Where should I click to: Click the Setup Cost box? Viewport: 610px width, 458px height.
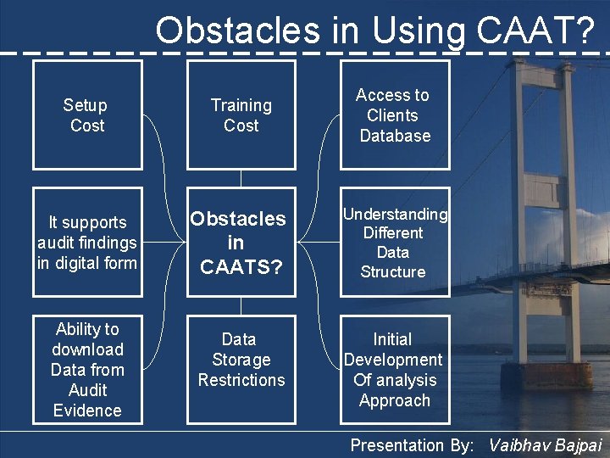pyautogui.click(x=86, y=115)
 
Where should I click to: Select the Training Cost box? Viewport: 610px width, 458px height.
pyautogui.click(x=241, y=115)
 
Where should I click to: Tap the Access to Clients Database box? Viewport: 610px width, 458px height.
pyautogui.click(x=394, y=115)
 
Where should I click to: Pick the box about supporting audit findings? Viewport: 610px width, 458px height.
pyautogui.click(x=86, y=243)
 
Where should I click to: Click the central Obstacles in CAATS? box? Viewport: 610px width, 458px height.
pyautogui.click(x=241, y=243)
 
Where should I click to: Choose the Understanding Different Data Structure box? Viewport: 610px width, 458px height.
pyautogui.click(x=394, y=243)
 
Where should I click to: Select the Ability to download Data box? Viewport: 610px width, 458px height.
pyautogui.click(x=86, y=370)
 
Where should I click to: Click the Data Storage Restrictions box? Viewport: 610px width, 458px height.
pyautogui.click(x=241, y=360)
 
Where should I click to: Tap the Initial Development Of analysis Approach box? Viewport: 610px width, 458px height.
pyautogui.click(x=394, y=370)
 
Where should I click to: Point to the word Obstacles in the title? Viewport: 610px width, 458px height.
pyautogui.click(x=237, y=31)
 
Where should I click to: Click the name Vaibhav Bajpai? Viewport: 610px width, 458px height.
pyautogui.click(x=546, y=445)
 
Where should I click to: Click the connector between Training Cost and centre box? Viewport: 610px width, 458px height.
pyautogui.click(x=241, y=178)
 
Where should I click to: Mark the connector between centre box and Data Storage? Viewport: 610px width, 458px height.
pyautogui.click(x=241, y=305)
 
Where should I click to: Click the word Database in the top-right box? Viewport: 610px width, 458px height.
pyautogui.click(x=395, y=136)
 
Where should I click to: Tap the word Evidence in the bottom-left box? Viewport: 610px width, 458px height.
pyautogui.click(x=87, y=411)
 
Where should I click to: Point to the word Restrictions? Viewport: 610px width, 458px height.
pyautogui.click(x=241, y=380)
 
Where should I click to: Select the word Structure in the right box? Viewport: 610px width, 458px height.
pyautogui.click(x=393, y=272)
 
